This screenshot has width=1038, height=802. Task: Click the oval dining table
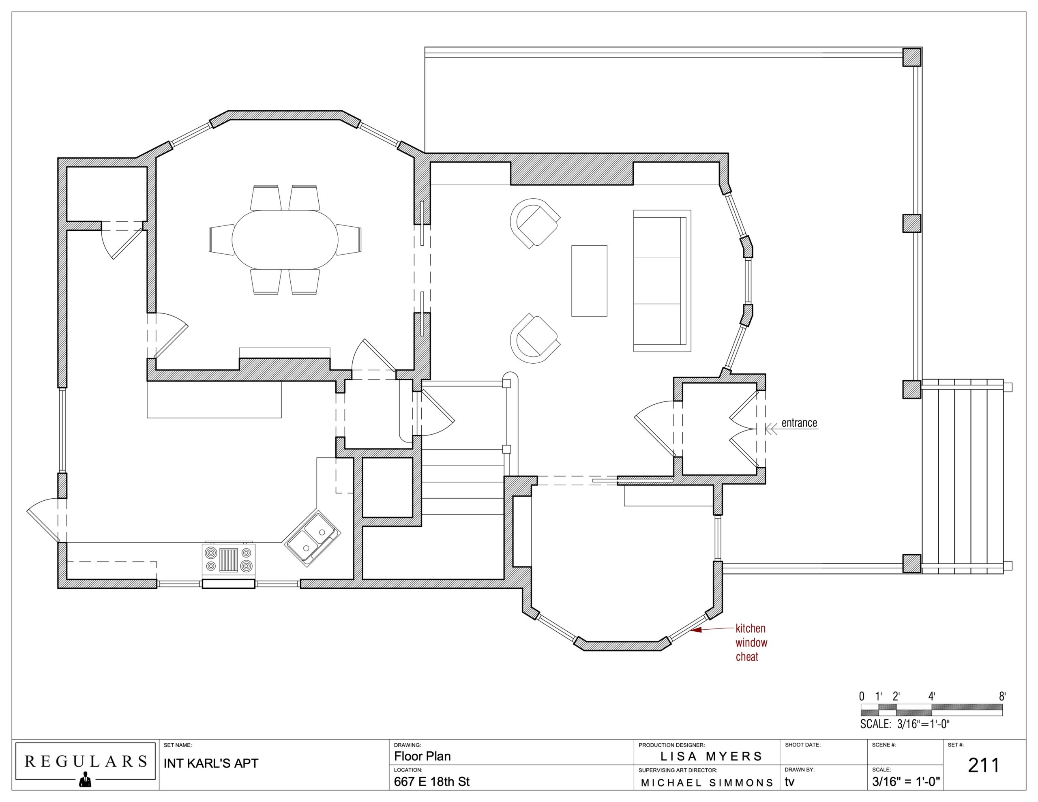285,240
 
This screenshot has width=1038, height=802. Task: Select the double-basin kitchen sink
312,538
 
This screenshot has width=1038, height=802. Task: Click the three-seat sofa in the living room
662,281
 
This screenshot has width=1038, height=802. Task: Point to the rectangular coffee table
589,281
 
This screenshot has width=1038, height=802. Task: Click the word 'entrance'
800,422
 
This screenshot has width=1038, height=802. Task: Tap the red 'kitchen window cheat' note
751,643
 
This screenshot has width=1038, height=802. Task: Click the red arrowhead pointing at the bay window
696,630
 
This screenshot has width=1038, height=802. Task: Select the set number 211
984,766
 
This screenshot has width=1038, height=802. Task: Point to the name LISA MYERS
711,756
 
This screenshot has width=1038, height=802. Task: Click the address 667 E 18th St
431,782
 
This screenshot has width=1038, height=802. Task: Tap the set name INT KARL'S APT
211,763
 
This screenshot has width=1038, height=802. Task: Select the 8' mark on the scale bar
1002,697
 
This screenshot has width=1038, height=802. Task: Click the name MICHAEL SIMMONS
707,783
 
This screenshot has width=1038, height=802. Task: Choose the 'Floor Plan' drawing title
422,756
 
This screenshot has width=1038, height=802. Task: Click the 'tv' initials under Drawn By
789,782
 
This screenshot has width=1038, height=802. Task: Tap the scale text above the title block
905,724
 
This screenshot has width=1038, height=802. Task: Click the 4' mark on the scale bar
932,697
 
